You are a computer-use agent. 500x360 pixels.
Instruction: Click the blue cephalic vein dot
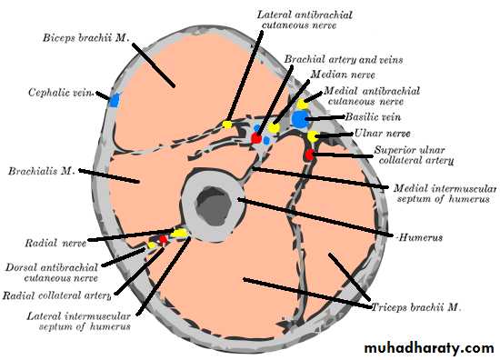coord(114,100)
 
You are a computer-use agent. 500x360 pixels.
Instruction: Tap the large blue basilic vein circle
coord(300,118)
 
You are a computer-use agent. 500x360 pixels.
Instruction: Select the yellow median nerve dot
coord(274,128)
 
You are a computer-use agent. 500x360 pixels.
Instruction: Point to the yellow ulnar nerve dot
coord(313,136)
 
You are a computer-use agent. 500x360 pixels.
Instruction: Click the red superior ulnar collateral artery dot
coord(309,155)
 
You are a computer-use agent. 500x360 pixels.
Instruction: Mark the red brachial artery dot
coord(256,138)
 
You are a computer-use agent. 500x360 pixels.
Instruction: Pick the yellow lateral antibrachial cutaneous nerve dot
coord(227,124)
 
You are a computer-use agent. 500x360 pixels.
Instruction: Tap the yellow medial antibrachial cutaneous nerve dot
coord(302,104)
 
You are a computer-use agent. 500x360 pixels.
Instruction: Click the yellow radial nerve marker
coord(179,234)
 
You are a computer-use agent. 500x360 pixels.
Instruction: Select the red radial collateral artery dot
coord(164,239)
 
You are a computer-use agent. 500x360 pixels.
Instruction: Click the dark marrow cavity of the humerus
coord(214,205)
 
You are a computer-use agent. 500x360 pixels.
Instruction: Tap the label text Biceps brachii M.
coord(86,37)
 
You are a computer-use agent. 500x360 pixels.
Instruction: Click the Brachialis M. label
coord(42,171)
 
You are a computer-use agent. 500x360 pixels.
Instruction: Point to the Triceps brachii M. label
coord(416,307)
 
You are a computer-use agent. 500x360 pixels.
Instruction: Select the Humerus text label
coord(421,237)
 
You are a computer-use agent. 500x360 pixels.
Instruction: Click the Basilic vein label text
coord(373,117)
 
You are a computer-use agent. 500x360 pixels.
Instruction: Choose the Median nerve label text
coord(343,75)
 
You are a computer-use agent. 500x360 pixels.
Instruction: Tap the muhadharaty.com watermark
coord(429,348)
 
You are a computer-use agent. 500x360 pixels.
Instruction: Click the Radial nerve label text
coord(55,244)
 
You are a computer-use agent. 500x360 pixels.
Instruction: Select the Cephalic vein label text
coord(61,93)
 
